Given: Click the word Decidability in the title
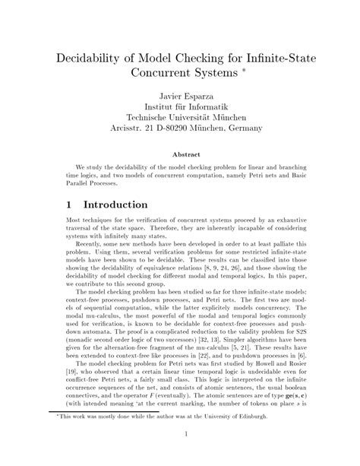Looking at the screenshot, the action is [92, 59].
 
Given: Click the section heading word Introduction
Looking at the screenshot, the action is [115, 205].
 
